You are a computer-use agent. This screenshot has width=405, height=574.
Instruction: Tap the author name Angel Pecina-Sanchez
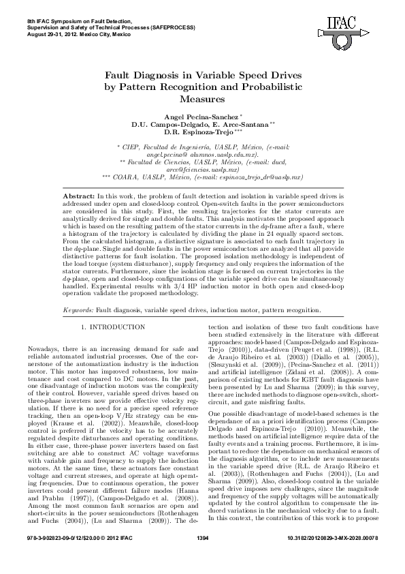(200, 118)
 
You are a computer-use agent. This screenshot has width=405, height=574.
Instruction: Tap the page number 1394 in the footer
(202, 558)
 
